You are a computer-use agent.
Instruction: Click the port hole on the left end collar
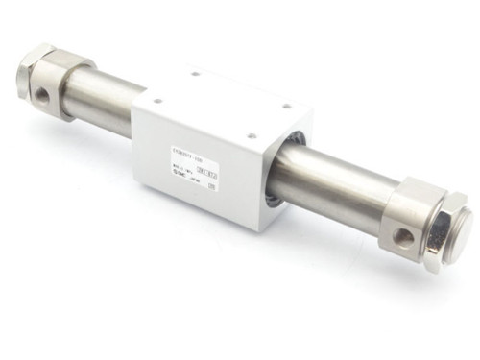tap(42, 97)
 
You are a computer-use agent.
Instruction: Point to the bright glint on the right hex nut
tap(432, 207)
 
